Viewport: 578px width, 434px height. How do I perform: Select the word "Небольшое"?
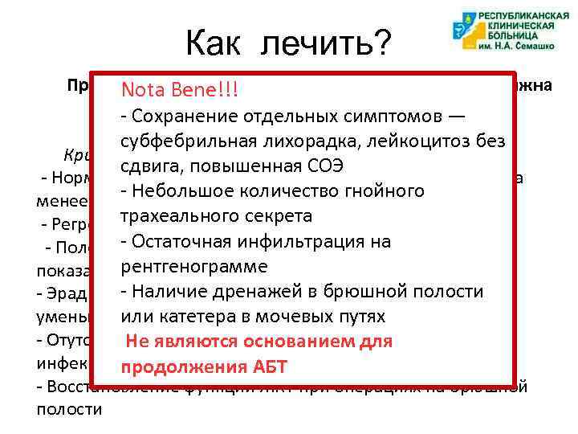181,192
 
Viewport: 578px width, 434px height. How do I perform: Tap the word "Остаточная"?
181,242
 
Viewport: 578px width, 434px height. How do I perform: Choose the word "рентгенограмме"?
194,266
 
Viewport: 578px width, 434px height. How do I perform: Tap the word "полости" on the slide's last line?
69,409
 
